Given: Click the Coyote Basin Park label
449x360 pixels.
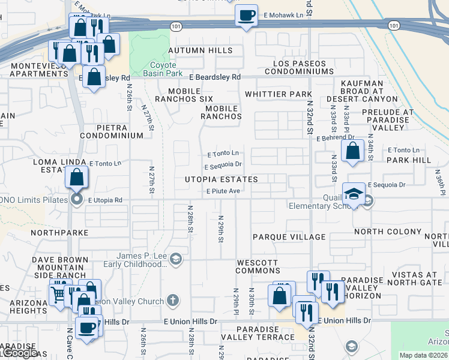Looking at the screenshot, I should click(159, 69).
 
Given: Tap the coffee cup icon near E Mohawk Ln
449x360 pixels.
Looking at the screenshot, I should click(246, 16).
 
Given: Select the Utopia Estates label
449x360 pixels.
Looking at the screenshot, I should click(221, 179).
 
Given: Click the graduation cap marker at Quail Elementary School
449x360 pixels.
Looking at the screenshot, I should click(354, 193).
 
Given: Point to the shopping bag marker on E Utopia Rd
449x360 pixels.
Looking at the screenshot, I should click(77, 177).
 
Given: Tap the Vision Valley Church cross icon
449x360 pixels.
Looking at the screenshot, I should click(173, 300).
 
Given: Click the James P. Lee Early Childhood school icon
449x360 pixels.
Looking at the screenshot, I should click(176, 259).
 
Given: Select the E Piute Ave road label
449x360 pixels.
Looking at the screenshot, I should click(223, 191).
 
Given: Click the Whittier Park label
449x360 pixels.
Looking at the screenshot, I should click(279, 94).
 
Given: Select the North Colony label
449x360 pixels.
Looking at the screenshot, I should click(388, 232).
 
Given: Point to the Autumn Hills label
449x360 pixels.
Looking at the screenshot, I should click(200, 50).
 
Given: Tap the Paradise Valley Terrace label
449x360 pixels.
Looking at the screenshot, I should click(265, 333).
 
